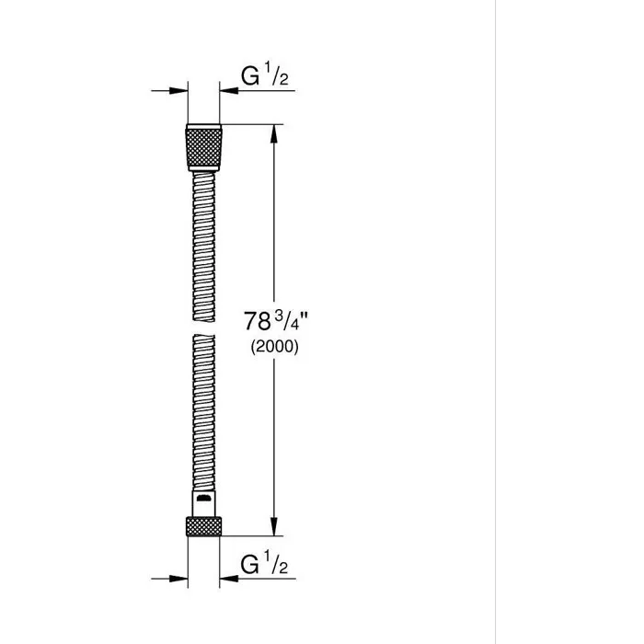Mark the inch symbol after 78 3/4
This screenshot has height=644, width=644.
(x=300, y=315)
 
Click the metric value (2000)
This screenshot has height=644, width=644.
(x=273, y=349)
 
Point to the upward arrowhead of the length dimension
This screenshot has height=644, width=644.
(x=273, y=132)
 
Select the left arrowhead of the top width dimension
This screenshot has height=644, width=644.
(x=179, y=90)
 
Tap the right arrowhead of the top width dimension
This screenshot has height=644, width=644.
(x=225, y=90)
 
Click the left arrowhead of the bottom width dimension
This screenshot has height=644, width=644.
(x=179, y=577)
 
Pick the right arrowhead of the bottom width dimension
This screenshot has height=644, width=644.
(x=225, y=577)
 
